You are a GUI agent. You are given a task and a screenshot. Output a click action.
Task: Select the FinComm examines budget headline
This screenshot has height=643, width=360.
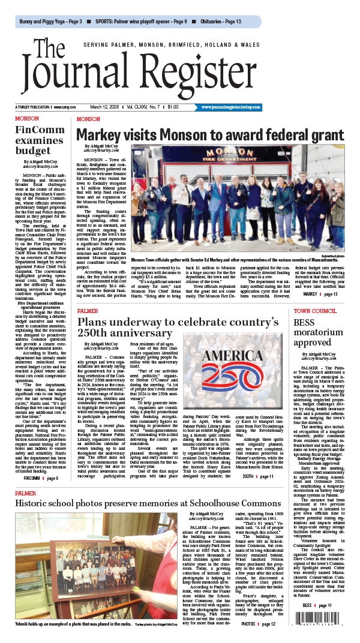click(x=37, y=139)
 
